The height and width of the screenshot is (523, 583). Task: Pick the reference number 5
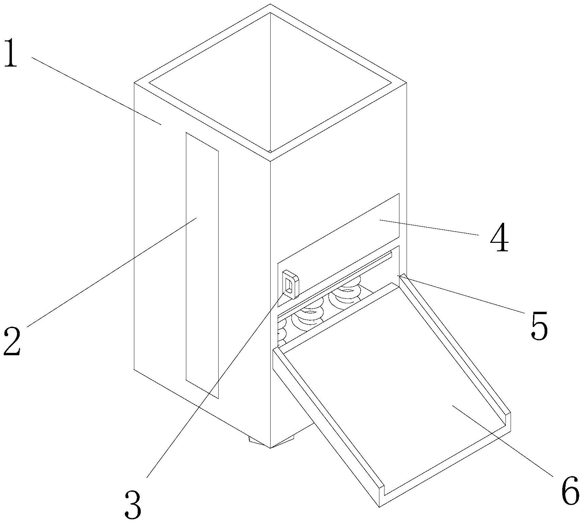coord(539,325)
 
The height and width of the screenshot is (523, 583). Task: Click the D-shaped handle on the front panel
coord(291,284)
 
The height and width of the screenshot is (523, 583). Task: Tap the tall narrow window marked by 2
coord(202,265)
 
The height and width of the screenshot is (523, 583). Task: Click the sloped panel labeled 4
coord(340,245)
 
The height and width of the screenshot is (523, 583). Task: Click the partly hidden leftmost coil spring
coord(281,335)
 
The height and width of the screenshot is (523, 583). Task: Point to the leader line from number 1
coord(95,90)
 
